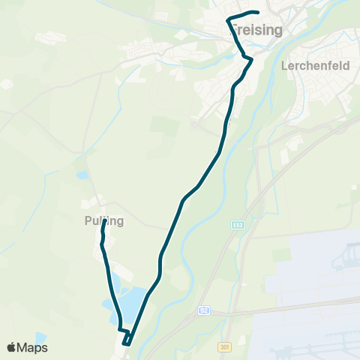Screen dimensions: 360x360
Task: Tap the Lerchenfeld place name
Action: point(316,65)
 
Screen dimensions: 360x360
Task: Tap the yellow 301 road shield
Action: point(226,346)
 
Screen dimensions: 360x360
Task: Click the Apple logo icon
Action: point(12,347)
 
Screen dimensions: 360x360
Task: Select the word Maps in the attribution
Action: point(34,347)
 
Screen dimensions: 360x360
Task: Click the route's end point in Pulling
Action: point(103,221)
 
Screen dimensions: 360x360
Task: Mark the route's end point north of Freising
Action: point(257,12)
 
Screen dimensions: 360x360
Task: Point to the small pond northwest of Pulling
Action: point(82,175)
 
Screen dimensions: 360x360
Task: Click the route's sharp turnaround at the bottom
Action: point(126,344)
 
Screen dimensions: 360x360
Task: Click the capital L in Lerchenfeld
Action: point(285,65)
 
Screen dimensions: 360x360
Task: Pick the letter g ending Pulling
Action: point(120,222)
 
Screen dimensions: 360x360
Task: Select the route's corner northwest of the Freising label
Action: point(228,19)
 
